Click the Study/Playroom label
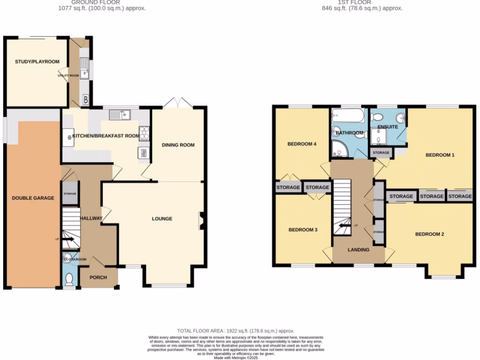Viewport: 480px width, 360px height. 37,62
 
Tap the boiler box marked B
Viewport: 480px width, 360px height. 86,99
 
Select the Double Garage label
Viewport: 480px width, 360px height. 33,198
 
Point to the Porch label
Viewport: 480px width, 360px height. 98,277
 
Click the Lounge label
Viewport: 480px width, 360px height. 162,219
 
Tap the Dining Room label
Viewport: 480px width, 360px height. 178,145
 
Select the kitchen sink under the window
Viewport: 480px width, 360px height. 120,114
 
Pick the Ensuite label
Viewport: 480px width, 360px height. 387,127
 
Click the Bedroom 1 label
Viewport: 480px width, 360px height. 440,155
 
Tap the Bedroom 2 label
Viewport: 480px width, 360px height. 429,234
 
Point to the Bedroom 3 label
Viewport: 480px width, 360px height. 303,230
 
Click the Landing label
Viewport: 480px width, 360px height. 358,250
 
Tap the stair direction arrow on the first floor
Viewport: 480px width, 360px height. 345,225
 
